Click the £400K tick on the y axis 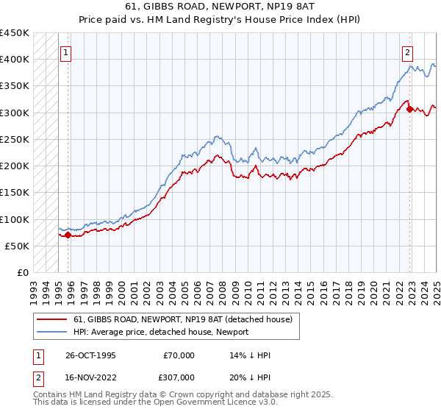[15, 60]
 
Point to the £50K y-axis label [18, 246]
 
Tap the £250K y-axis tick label [15, 139]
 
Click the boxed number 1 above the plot [66, 52]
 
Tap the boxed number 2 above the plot [407, 52]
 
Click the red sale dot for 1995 [68, 235]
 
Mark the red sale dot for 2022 [409, 109]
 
